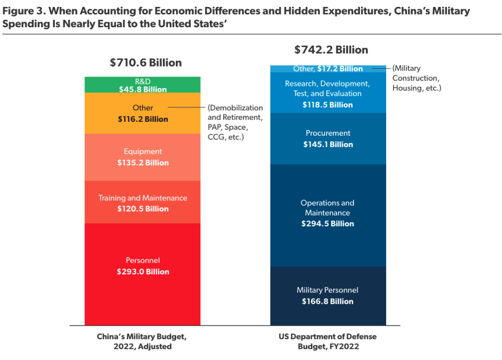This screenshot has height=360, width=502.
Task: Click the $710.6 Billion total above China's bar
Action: [x=145, y=62]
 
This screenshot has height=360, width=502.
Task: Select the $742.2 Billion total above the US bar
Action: [x=331, y=49]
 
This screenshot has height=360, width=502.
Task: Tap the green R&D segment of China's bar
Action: [x=142, y=85]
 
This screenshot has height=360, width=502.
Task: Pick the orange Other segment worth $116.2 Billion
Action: [x=142, y=113]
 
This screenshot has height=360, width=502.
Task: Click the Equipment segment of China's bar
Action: [x=142, y=157]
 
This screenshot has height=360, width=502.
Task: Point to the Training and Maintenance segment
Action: [x=142, y=202]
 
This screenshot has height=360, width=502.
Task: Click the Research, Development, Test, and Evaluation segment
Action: [x=328, y=94]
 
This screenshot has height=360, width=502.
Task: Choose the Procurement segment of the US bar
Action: [x=328, y=138]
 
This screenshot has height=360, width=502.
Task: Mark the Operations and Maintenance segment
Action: [x=328, y=215]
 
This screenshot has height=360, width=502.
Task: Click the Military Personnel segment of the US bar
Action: [x=328, y=295]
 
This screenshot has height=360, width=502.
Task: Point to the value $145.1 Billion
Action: [x=328, y=144]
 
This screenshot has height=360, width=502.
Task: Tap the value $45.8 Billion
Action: [x=143, y=90]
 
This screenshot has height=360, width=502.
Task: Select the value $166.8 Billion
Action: [x=328, y=301]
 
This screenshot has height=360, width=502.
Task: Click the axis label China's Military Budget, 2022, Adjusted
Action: [x=142, y=341]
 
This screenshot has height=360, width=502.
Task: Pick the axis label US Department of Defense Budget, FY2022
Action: [x=328, y=341]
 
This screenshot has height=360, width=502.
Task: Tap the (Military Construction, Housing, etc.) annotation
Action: [x=416, y=78]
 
